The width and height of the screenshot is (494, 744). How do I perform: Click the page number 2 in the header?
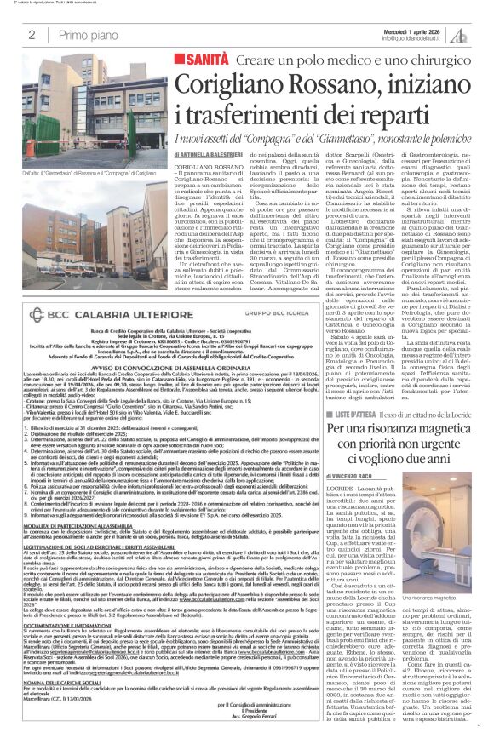coord(31,34)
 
